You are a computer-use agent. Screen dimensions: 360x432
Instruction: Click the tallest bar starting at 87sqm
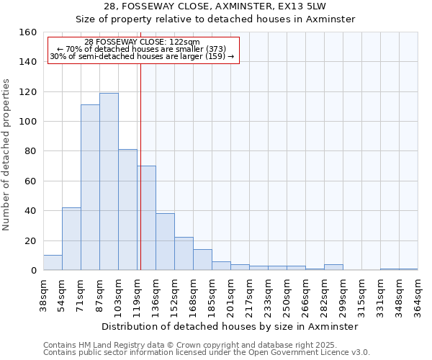pyautogui.click(x=109, y=181)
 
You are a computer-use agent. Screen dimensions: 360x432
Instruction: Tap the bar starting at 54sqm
pyautogui.click(x=71, y=238)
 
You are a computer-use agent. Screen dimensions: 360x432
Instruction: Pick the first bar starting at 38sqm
pyautogui.click(x=53, y=263)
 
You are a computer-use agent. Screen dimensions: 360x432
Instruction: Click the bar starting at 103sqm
pyautogui.click(x=127, y=210)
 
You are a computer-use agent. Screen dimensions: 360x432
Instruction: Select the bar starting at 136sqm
pyautogui.click(x=165, y=242)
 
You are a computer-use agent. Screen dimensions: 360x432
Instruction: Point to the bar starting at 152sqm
pyautogui.click(x=184, y=253)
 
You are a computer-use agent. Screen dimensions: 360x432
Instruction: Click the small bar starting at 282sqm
pyautogui.click(x=333, y=267)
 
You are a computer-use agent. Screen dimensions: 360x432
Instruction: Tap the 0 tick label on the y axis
pyautogui.click(x=33, y=271)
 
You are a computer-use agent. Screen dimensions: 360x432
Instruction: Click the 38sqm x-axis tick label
pyautogui.click(x=43, y=294)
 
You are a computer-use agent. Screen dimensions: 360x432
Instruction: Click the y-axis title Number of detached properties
pyautogui.click(x=7, y=151)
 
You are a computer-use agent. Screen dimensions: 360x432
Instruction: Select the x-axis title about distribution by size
pyautogui.click(x=230, y=326)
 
